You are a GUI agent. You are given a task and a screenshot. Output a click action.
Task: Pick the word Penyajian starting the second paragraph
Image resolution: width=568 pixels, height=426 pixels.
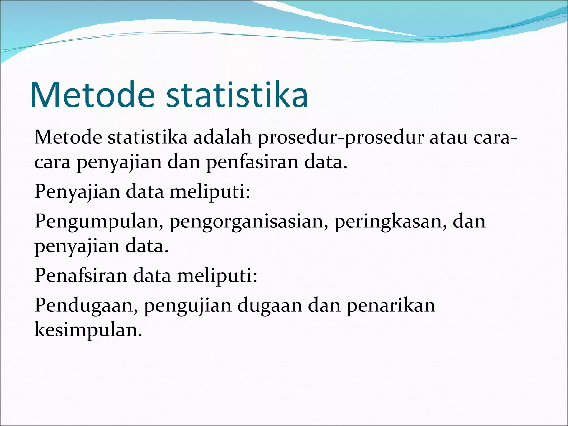77,192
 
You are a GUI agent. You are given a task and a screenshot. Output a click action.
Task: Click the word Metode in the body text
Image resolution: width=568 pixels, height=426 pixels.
68,138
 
